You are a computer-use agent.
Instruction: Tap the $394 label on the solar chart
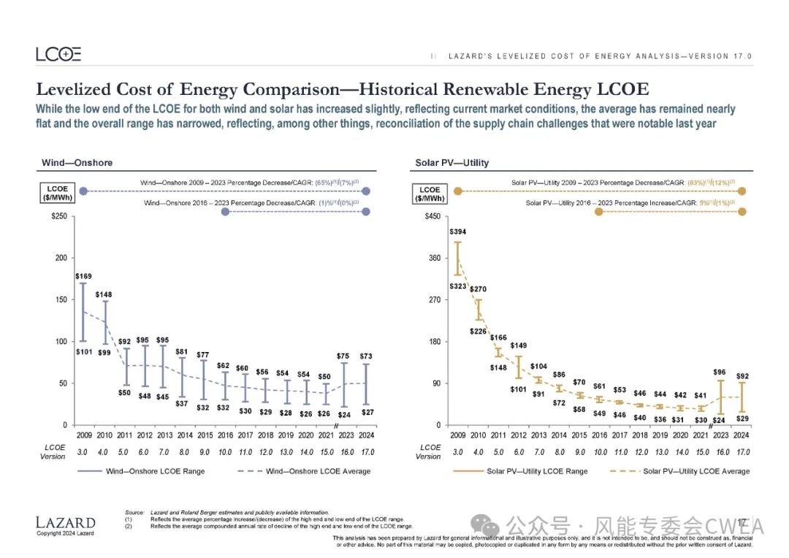(x=458, y=232)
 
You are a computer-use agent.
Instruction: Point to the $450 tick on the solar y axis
(x=433, y=216)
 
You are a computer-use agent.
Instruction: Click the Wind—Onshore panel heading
(x=77, y=162)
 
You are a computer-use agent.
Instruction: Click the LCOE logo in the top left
(x=58, y=54)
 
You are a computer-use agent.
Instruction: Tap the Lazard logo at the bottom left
(x=65, y=522)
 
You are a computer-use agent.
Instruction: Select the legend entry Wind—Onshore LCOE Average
(x=318, y=471)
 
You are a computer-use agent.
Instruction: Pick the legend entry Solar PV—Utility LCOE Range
(x=537, y=471)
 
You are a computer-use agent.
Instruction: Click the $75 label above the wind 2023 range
(x=343, y=356)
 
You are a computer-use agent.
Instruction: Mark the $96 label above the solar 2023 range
(x=720, y=372)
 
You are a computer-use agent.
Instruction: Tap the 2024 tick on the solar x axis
(x=742, y=435)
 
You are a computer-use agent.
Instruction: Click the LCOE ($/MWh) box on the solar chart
(x=430, y=194)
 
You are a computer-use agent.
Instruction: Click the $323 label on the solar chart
(x=457, y=286)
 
